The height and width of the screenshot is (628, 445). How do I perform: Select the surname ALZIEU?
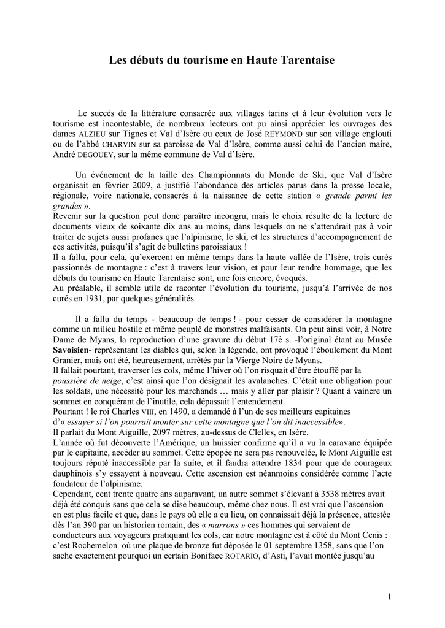93,134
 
